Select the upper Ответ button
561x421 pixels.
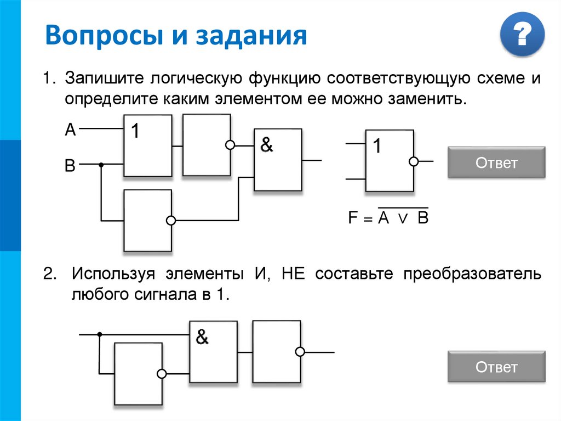pos(496,162)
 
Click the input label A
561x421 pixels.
pos(70,130)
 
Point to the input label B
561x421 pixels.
pos(70,166)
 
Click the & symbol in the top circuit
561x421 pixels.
pos(266,145)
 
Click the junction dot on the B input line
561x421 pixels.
pos(101,164)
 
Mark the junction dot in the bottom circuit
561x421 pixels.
pos(99,334)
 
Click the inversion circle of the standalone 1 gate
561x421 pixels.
pos(414,161)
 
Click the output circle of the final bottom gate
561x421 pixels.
pos(300,352)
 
